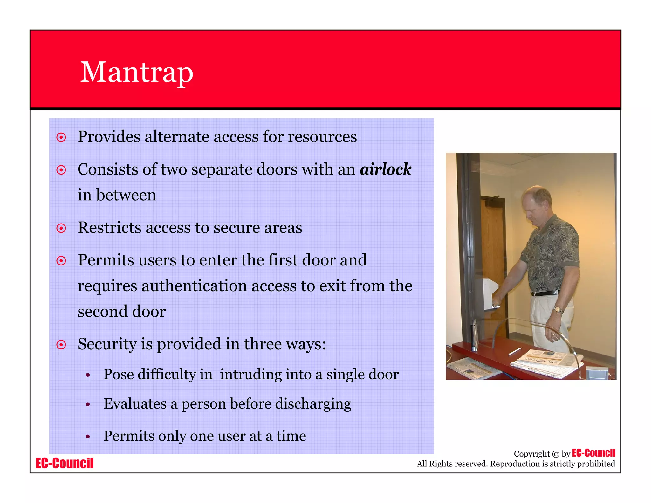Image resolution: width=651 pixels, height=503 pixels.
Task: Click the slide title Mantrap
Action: pos(137,72)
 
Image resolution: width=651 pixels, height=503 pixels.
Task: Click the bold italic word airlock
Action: pos(386,169)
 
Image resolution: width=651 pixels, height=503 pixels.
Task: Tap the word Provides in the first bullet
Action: pos(109,137)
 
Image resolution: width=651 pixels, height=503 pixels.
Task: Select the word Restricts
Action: pos(110,228)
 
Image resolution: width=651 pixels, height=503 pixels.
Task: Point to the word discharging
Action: pos(313,404)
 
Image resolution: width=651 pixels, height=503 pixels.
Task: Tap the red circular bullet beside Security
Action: pos(61,345)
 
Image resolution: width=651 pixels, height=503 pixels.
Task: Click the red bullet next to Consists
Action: pos(61,170)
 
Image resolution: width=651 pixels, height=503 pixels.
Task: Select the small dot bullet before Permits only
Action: pos(88,437)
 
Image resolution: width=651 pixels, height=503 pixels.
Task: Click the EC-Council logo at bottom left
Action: pos(65,463)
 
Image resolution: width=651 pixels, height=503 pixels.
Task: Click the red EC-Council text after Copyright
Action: pos(593,453)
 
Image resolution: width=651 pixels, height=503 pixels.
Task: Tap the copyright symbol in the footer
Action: pos(556,454)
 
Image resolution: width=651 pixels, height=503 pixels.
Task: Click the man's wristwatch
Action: pos(558,309)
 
